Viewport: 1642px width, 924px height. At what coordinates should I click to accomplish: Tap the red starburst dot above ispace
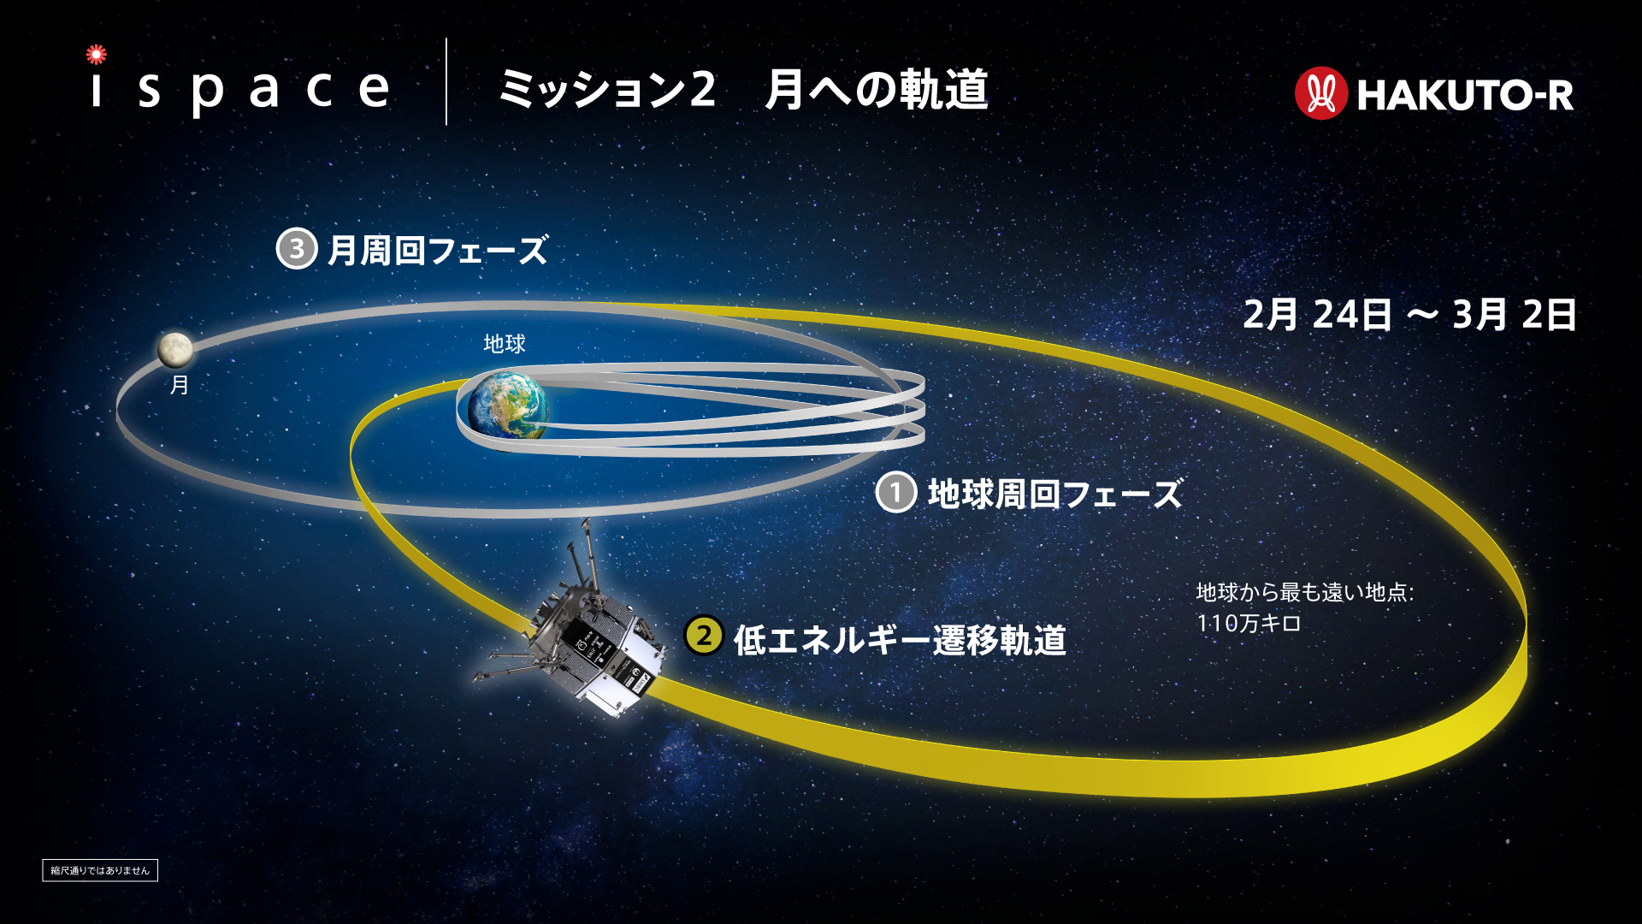[x=97, y=55]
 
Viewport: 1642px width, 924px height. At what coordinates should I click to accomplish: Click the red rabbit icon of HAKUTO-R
[x=1321, y=93]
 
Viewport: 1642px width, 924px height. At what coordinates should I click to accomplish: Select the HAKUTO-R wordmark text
[x=1465, y=95]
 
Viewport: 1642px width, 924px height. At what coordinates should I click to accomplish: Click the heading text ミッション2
[x=607, y=90]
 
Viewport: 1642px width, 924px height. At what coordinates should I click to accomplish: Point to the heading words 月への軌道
[x=877, y=90]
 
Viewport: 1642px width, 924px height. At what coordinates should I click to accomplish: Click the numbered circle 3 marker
[x=297, y=249]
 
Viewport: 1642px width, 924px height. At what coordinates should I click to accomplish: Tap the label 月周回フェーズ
[x=437, y=251]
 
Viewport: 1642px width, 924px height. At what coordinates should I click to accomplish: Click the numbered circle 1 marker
[x=896, y=492]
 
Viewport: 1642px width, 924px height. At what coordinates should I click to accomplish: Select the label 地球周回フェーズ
[x=1055, y=495]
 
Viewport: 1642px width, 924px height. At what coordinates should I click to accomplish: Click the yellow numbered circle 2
[x=704, y=636]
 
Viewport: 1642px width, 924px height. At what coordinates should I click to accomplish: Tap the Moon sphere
[x=174, y=350]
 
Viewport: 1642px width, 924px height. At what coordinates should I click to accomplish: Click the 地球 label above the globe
[x=505, y=344]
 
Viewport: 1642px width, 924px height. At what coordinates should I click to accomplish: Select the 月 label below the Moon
[x=179, y=385]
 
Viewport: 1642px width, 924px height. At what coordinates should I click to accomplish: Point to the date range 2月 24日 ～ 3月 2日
[x=1410, y=315]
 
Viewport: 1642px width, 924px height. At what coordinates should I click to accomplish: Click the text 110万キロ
[x=1249, y=623]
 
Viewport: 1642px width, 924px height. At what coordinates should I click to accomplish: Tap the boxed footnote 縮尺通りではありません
[x=100, y=870]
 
